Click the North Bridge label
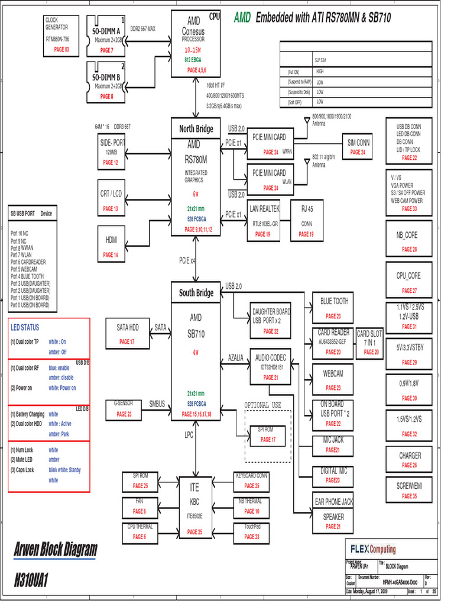coord(196,129)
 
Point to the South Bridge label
coord(196,293)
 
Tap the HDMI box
coord(111,246)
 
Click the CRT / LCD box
coord(111,200)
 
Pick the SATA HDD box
coord(127,333)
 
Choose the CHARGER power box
coord(410,459)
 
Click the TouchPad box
coord(252,530)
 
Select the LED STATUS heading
coord(25,327)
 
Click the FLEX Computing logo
coord(373,549)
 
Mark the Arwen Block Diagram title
coord(55,550)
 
